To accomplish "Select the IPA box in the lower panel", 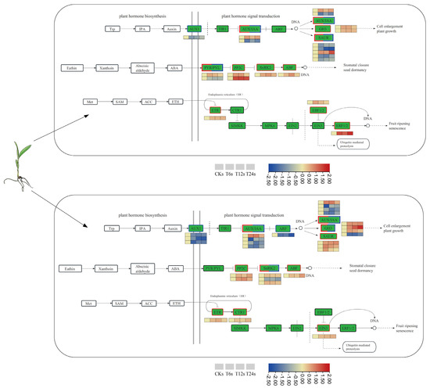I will (141, 228).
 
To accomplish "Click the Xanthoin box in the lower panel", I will (107, 268).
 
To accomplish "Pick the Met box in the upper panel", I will (91, 102).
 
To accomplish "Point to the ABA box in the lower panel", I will (177, 268).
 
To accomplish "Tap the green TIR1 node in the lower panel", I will (224, 228).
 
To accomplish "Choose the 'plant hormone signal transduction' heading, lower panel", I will (253, 214).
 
